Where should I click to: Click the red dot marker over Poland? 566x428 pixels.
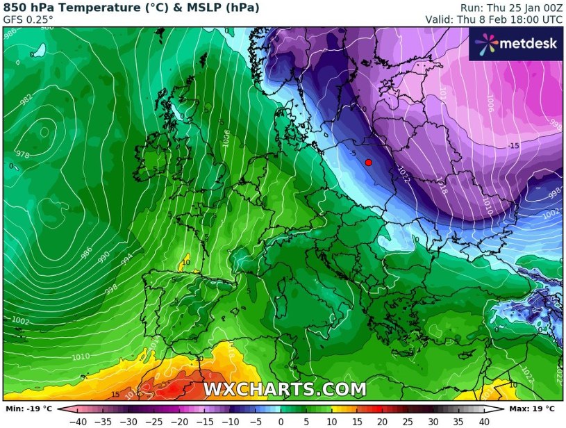(x=368, y=162)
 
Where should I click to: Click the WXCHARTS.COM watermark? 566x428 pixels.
(x=284, y=389)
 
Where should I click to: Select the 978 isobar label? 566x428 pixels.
(x=22, y=155)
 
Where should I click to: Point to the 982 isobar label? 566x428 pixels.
(x=26, y=100)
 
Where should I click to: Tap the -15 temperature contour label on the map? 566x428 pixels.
(x=513, y=146)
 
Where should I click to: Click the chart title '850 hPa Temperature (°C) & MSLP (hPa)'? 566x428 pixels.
(x=131, y=8)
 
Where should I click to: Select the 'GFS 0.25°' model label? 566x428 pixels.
(x=28, y=19)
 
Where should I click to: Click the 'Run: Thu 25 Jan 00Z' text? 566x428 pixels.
(x=510, y=8)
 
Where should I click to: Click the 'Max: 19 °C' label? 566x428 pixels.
(x=533, y=409)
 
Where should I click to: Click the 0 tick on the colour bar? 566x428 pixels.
(x=281, y=421)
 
